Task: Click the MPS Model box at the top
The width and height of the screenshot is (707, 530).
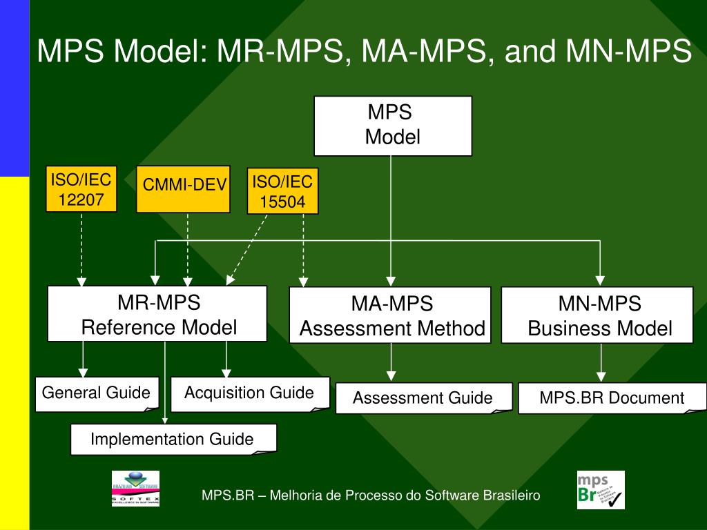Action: (393, 126)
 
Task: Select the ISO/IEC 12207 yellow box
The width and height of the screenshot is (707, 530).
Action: (80, 189)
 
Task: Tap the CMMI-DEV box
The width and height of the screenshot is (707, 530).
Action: (183, 188)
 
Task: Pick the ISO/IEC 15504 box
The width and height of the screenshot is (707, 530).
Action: (282, 190)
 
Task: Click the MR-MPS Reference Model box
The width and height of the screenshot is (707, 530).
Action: (157, 314)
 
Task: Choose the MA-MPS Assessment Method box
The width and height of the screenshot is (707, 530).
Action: (390, 315)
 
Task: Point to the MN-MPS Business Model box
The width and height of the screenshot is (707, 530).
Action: (597, 315)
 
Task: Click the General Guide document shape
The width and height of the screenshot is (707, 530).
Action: (97, 393)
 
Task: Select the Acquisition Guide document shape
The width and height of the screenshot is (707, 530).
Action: (249, 393)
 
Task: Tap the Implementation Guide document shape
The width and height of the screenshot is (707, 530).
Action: (173, 439)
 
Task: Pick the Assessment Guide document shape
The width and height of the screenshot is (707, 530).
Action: (423, 398)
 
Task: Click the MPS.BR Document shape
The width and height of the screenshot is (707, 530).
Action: (612, 398)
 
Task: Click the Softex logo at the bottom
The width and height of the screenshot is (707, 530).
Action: (135, 489)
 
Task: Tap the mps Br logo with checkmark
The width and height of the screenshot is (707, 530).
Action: (600, 490)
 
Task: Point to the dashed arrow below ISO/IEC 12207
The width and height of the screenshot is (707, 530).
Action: (81, 248)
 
